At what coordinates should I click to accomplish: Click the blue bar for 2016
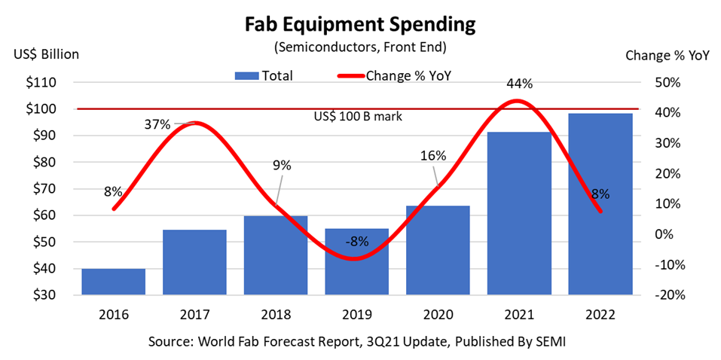click(113, 281)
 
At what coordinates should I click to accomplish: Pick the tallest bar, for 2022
click(600, 203)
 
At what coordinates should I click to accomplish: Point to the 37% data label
click(157, 124)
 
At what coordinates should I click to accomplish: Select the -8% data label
click(356, 241)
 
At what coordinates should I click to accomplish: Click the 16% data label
click(433, 155)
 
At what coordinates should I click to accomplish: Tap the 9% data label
click(281, 166)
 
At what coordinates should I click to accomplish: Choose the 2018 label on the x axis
click(275, 314)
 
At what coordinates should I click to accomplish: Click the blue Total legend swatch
click(246, 75)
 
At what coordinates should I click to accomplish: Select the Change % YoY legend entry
click(397, 75)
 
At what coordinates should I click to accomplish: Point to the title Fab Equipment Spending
click(360, 25)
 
